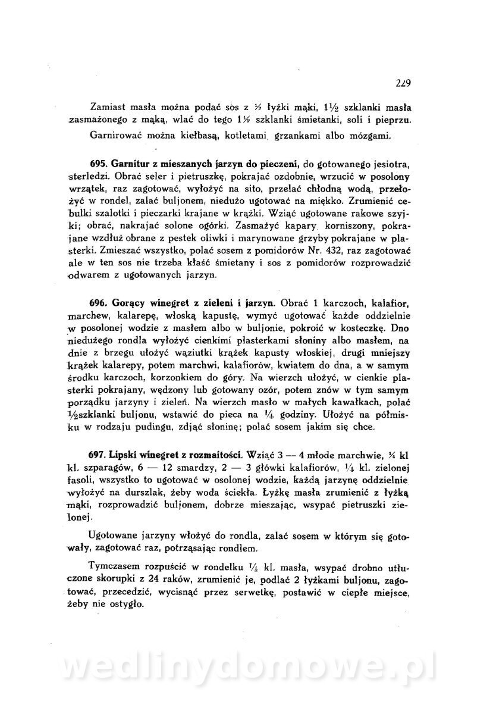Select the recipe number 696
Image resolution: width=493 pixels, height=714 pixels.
click(98, 302)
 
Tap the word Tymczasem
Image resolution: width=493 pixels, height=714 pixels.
click(112, 566)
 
